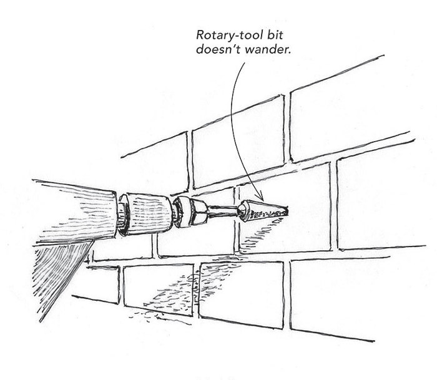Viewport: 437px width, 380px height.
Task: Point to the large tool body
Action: pyautogui.click(x=69, y=212)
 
